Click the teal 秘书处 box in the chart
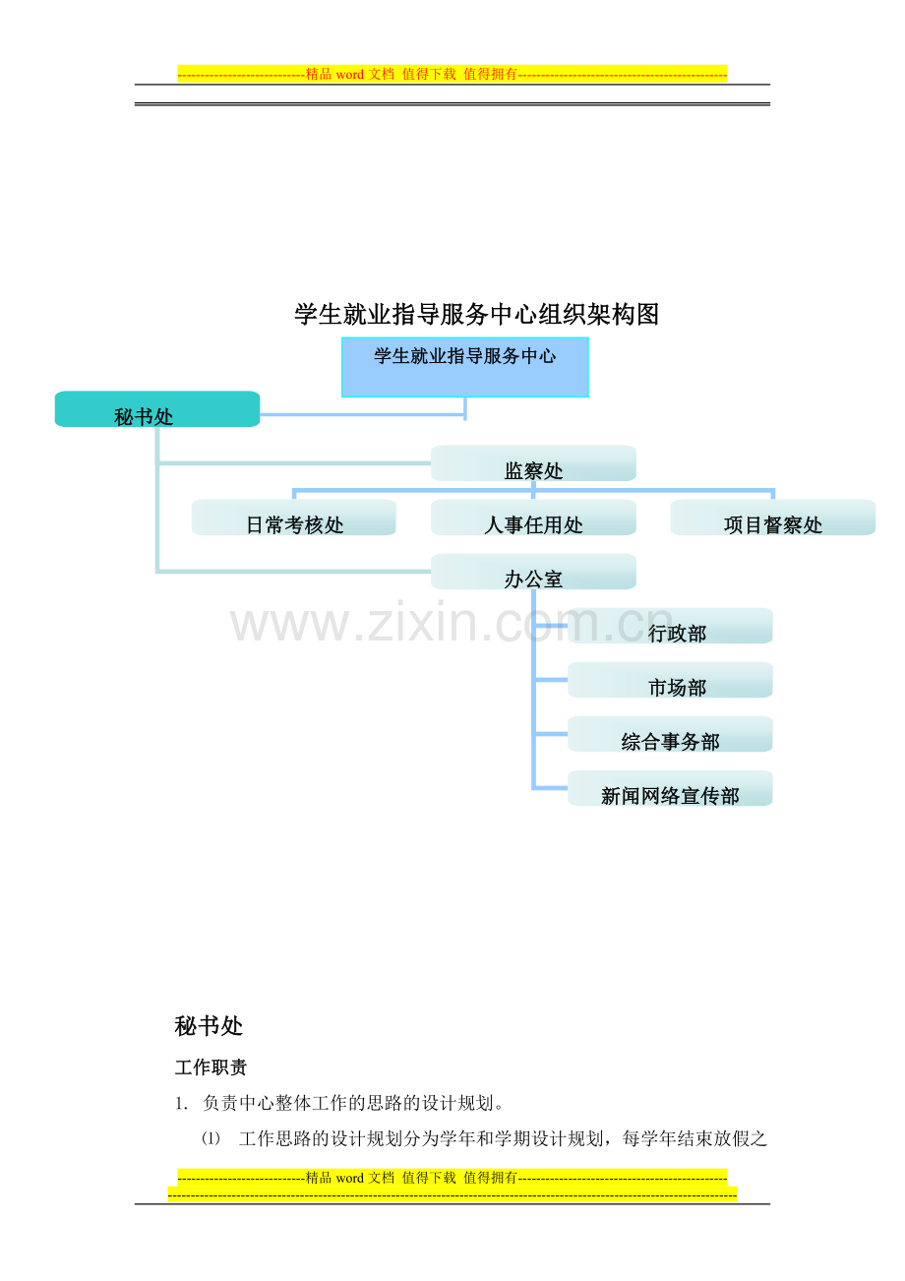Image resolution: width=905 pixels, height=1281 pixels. click(x=157, y=409)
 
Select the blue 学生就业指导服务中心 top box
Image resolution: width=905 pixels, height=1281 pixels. click(x=464, y=367)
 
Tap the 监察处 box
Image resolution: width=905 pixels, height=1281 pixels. click(x=533, y=463)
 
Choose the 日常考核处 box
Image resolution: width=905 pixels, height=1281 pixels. click(x=294, y=518)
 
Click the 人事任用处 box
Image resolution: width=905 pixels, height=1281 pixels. click(x=533, y=518)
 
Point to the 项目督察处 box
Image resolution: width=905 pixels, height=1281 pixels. click(x=773, y=518)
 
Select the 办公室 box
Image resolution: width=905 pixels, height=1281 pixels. click(x=533, y=572)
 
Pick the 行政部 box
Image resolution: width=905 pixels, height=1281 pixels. click(x=670, y=626)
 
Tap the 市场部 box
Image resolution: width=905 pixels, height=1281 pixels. click(x=670, y=680)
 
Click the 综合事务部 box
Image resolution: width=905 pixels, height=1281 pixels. click(x=670, y=734)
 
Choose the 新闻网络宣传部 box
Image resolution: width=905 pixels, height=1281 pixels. click(x=670, y=788)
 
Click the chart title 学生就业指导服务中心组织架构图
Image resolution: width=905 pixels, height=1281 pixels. click(x=477, y=315)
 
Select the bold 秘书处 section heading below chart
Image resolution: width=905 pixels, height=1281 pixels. click(x=209, y=1026)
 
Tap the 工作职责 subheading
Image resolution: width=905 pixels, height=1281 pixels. click(x=211, y=1067)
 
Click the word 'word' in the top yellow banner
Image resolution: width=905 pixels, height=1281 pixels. click(x=350, y=75)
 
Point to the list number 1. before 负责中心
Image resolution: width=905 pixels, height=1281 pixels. click(x=181, y=1104)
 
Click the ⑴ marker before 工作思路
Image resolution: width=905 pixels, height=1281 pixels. click(x=211, y=1138)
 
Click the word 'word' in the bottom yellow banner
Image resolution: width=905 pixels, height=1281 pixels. click(x=350, y=1178)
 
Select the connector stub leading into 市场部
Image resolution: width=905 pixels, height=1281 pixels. click(x=551, y=680)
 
